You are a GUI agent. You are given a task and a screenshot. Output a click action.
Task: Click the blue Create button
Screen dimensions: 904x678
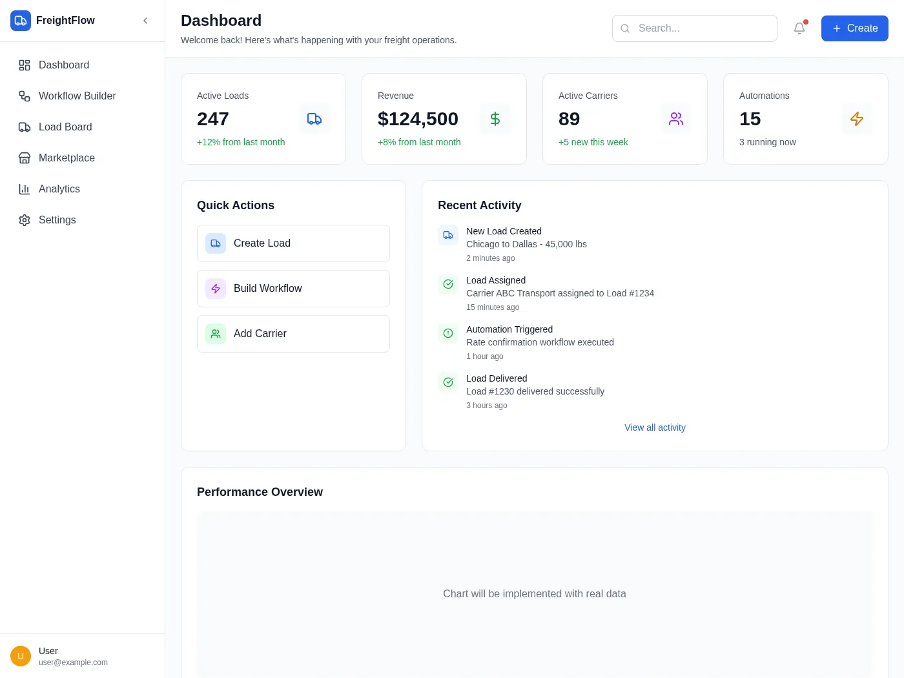[x=854, y=28]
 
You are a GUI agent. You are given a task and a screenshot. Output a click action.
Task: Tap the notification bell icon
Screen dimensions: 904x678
[x=799, y=28]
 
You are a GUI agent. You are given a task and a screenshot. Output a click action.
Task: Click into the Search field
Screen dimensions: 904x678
[x=694, y=28]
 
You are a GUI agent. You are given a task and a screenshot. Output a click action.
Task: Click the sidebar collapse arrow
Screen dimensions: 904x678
[x=145, y=21]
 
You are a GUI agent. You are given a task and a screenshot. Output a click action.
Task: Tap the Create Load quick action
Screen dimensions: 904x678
[x=293, y=243]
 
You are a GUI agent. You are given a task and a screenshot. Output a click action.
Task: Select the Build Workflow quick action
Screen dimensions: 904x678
[x=293, y=289]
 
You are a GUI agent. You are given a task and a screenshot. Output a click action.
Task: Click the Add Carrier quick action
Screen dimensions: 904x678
[x=293, y=334]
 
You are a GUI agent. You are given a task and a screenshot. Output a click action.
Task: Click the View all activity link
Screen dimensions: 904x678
[x=655, y=427]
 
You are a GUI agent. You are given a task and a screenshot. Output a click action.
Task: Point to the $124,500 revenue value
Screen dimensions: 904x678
[x=418, y=119]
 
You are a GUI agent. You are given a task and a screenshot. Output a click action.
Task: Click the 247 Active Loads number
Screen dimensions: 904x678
[x=212, y=119]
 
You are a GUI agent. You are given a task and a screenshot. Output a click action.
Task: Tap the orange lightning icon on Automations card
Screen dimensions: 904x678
[x=857, y=119]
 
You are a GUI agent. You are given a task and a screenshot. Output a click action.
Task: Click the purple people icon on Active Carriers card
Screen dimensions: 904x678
[x=676, y=119]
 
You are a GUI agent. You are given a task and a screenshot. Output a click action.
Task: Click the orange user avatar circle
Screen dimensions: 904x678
[x=21, y=656]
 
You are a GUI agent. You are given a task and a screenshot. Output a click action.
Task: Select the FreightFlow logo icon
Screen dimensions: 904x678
[x=21, y=21]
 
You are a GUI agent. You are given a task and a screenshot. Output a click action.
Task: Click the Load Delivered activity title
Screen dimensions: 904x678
[x=497, y=378]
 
